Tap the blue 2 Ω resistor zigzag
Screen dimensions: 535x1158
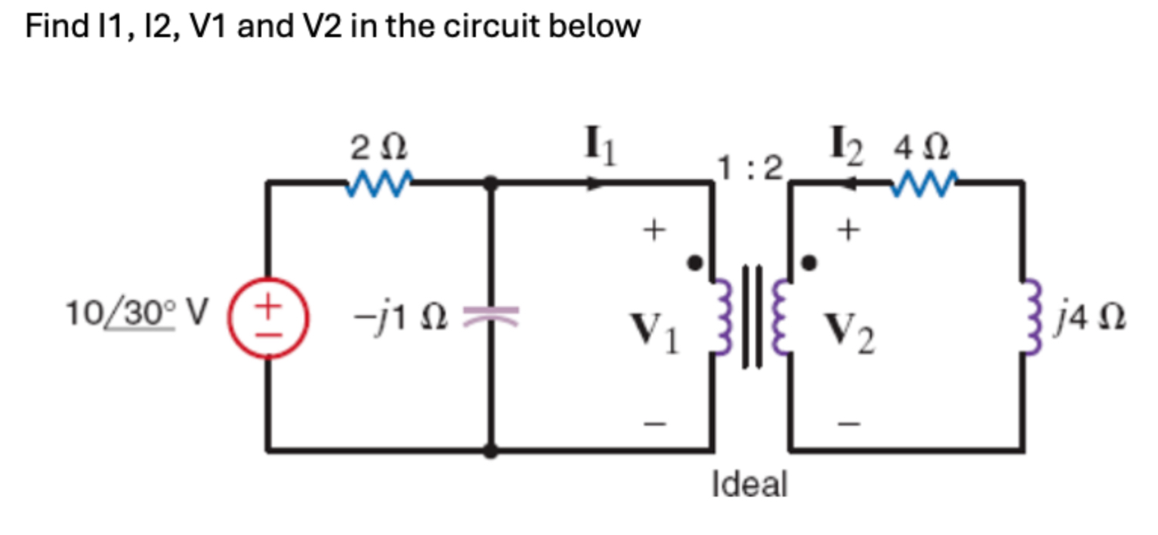coord(378,183)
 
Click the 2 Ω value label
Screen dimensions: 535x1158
coord(378,147)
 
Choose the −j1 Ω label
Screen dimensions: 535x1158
coord(400,317)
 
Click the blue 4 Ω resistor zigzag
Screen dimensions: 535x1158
coord(924,183)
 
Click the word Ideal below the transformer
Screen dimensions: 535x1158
coord(749,484)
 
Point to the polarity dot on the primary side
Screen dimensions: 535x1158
coord(693,263)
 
